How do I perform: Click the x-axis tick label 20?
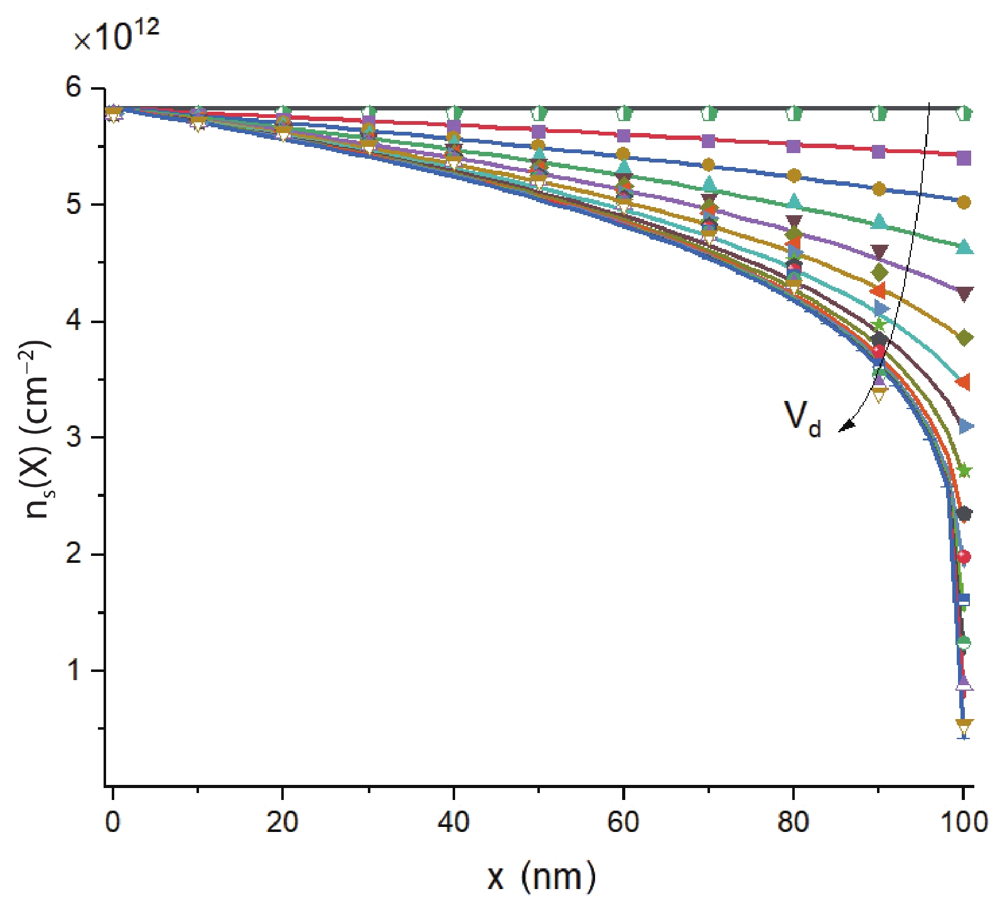pos(282,821)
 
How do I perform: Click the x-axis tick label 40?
pos(453,821)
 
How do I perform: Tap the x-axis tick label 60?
pos(623,821)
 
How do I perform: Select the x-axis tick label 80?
pos(793,821)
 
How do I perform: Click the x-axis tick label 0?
pos(112,821)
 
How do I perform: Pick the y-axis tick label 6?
pos(73,87)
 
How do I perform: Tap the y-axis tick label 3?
pos(73,437)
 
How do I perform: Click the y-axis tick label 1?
pos(73,670)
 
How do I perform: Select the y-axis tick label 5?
pos(73,205)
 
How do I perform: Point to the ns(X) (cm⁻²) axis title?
pos(38,429)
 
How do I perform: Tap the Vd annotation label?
pos(802,417)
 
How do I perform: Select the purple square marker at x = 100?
pos(964,158)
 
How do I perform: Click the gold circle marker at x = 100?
pos(964,203)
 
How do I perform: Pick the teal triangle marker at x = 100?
pos(964,247)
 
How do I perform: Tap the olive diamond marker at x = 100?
pos(964,338)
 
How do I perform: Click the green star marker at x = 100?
pos(964,471)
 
